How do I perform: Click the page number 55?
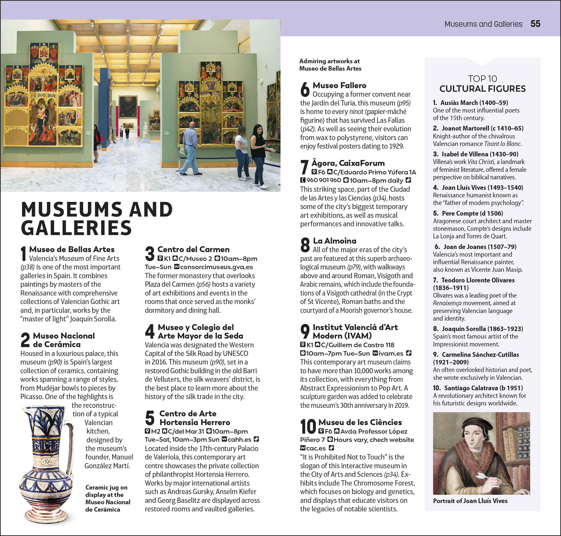[x=535, y=24]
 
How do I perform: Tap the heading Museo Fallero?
[x=339, y=86]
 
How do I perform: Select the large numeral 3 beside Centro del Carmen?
[x=150, y=254]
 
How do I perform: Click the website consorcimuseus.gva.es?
[x=217, y=267]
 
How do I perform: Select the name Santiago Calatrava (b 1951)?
[x=483, y=388]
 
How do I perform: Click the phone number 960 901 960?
[x=324, y=180]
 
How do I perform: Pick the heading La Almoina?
[x=335, y=241]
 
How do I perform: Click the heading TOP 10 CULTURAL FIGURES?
[x=482, y=84]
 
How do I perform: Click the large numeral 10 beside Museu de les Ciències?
[x=308, y=427]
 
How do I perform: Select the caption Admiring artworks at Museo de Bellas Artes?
[x=330, y=65]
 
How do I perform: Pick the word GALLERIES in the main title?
[x=76, y=228]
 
